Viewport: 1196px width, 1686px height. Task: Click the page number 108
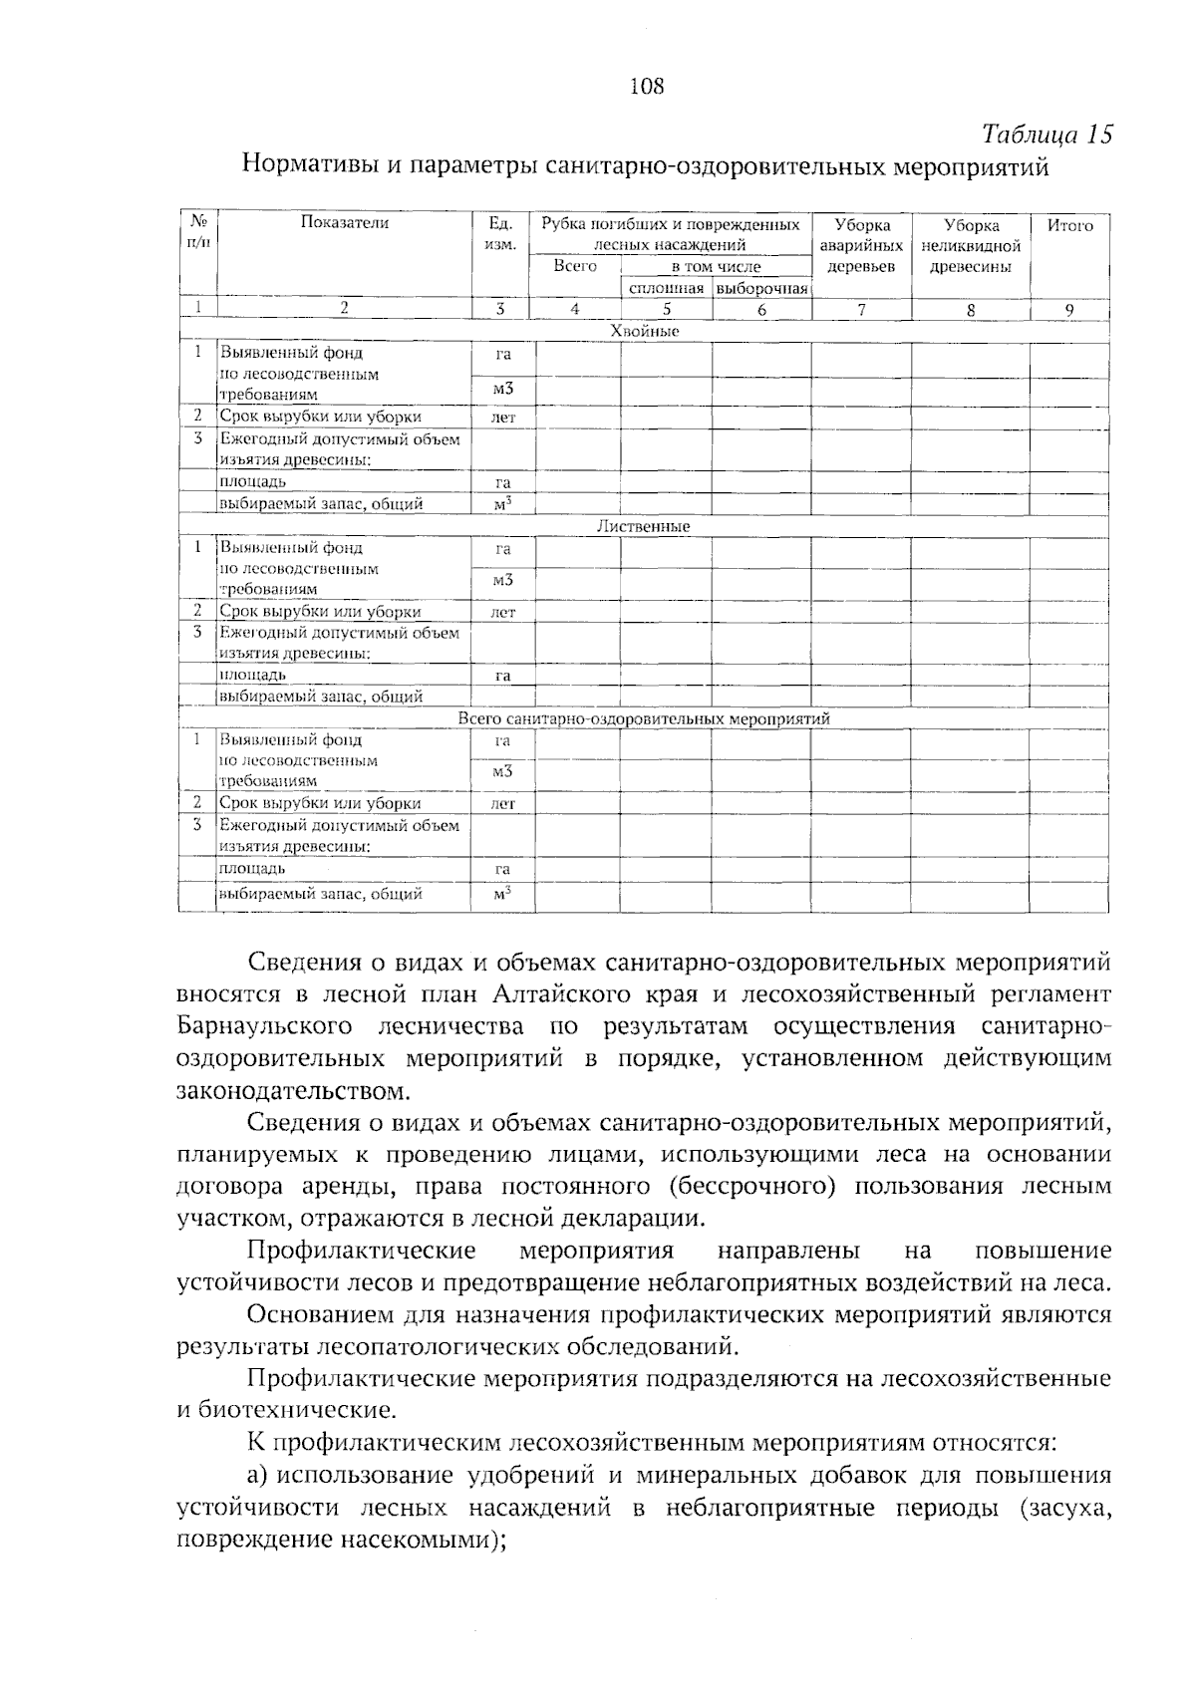(647, 87)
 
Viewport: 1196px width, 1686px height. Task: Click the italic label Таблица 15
(1046, 135)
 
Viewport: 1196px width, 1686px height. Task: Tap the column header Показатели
(345, 223)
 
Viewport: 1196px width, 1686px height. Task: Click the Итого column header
(1069, 225)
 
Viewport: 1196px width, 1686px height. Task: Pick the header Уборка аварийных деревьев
(861, 245)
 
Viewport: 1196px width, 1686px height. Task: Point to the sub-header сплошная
(666, 288)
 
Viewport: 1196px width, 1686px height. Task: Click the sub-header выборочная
(761, 288)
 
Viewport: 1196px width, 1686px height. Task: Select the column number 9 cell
(1068, 309)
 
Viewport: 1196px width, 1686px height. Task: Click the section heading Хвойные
(644, 331)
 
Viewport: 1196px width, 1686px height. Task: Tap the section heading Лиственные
(643, 526)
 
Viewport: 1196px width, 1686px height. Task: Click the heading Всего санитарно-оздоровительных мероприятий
(644, 718)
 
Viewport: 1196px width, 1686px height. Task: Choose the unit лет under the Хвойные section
(503, 418)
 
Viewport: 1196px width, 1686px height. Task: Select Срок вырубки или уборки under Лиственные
(321, 612)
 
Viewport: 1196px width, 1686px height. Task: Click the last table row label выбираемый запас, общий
(321, 894)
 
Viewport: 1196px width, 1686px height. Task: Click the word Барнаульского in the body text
(264, 1026)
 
